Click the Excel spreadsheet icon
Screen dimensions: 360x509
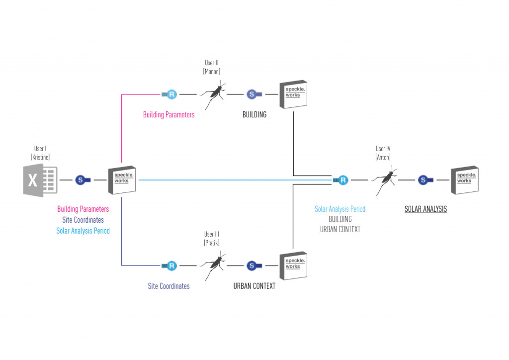pyautogui.click(x=40, y=180)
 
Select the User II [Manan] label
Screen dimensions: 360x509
pyautogui.click(x=212, y=67)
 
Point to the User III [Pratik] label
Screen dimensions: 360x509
pyautogui.click(x=212, y=238)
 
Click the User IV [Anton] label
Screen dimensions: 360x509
pyautogui.click(x=383, y=153)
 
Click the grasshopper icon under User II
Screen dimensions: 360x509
pyautogui.click(x=213, y=94)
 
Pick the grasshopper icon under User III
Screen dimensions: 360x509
pyautogui.click(x=213, y=266)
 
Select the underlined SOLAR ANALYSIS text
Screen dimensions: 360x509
pyautogui.click(x=425, y=209)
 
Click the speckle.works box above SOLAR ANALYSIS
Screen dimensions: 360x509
pyautogui.click(x=464, y=180)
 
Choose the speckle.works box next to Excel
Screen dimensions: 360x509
pyautogui.click(x=122, y=180)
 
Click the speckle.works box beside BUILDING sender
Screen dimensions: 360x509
pyautogui.click(x=293, y=94)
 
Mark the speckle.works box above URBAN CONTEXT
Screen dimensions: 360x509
pyautogui.click(x=293, y=266)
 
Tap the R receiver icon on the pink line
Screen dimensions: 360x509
pyautogui.click(x=170, y=94)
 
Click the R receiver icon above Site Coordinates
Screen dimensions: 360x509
pyautogui.click(x=170, y=266)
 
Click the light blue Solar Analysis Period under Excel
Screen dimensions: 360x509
pyautogui.click(x=83, y=231)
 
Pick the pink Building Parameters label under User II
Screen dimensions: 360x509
pyautogui.click(x=169, y=115)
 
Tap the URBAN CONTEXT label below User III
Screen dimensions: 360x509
pyautogui.click(x=254, y=286)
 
